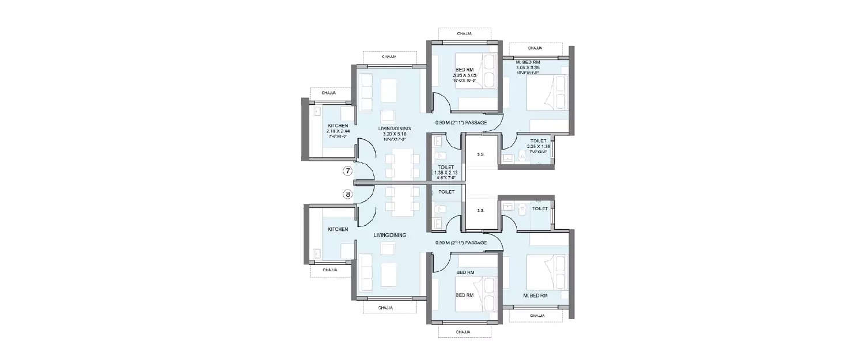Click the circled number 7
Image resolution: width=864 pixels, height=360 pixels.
[x=347, y=171]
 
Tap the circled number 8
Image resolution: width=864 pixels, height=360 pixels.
[x=347, y=194]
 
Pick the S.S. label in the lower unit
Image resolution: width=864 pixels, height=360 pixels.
[x=480, y=210]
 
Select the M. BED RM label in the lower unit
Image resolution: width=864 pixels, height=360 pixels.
[x=535, y=295]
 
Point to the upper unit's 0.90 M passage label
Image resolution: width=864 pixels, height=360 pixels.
[x=461, y=123]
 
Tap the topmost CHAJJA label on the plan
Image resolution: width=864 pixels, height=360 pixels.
[x=464, y=34]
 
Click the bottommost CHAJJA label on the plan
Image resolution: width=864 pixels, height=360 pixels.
[x=464, y=332]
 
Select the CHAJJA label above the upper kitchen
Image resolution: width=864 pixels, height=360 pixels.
[x=328, y=92]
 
